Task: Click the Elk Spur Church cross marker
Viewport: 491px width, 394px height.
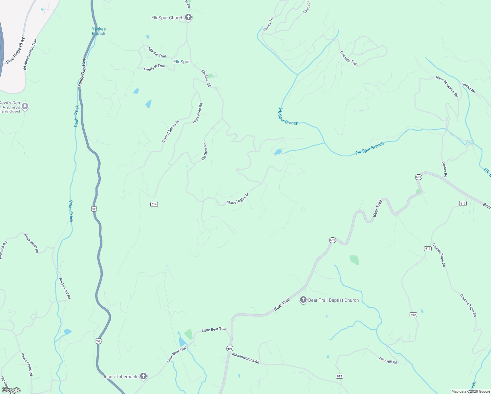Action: pyautogui.click(x=188, y=17)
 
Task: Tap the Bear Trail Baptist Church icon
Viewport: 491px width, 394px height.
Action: pyautogui.click(x=303, y=300)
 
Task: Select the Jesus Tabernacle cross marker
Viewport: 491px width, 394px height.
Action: pyautogui.click(x=143, y=376)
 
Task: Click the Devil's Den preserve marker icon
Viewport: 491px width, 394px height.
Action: pyautogui.click(x=25, y=106)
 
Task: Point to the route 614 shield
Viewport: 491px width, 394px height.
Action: pyautogui.click(x=154, y=204)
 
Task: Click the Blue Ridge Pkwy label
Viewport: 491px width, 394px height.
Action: pyautogui.click(x=15, y=51)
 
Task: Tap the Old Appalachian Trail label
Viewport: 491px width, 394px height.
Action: pyautogui.click(x=30, y=55)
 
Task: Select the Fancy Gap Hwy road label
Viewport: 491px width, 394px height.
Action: pyautogui.click(x=82, y=72)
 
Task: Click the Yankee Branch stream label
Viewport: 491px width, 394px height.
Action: pyautogui.click(x=98, y=31)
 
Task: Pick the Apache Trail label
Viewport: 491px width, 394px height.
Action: pyautogui.click(x=157, y=52)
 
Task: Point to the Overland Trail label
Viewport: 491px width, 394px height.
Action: pyautogui.click(x=154, y=67)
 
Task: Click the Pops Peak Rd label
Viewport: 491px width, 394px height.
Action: pyautogui.click(x=198, y=113)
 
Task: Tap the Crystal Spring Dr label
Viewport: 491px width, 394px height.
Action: pyautogui.click(x=171, y=131)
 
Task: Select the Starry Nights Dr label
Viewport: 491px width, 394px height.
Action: pyautogui.click(x=238, y=199)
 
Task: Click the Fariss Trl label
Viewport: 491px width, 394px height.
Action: pyautogui.click(x=268, y=24)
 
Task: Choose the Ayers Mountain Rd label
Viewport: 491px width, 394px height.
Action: pyautogui.click(x=447, y=86)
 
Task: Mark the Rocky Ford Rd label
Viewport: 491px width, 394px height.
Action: pyautogui.click(x=65, y=289)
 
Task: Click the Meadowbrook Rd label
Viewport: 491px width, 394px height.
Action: pyautogui.click(x=245, y=358)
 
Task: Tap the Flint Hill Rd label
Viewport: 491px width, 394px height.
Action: pyautogui.click(x=388, y=360)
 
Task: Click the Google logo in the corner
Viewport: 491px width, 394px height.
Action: pyautogui.click(x=11, y=390)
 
